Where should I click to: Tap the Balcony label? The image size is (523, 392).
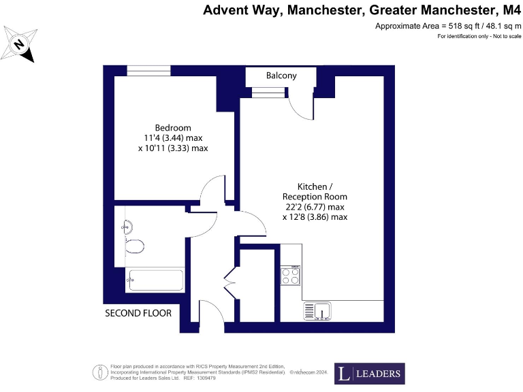(281, 76)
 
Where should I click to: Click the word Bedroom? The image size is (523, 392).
(173, 127)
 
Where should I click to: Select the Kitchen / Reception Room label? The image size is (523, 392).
(315, 191)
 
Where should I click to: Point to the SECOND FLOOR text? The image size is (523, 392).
(138, 313)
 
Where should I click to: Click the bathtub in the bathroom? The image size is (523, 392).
(155, 280)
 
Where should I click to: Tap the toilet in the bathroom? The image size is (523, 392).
(134, 246)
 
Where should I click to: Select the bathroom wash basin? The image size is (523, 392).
(129, 227)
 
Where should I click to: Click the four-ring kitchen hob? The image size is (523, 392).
(291, 276)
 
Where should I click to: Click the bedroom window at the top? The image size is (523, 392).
(148, 71)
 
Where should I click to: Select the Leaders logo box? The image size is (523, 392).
(369, 374)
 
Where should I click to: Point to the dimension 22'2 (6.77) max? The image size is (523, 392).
(315, 207)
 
